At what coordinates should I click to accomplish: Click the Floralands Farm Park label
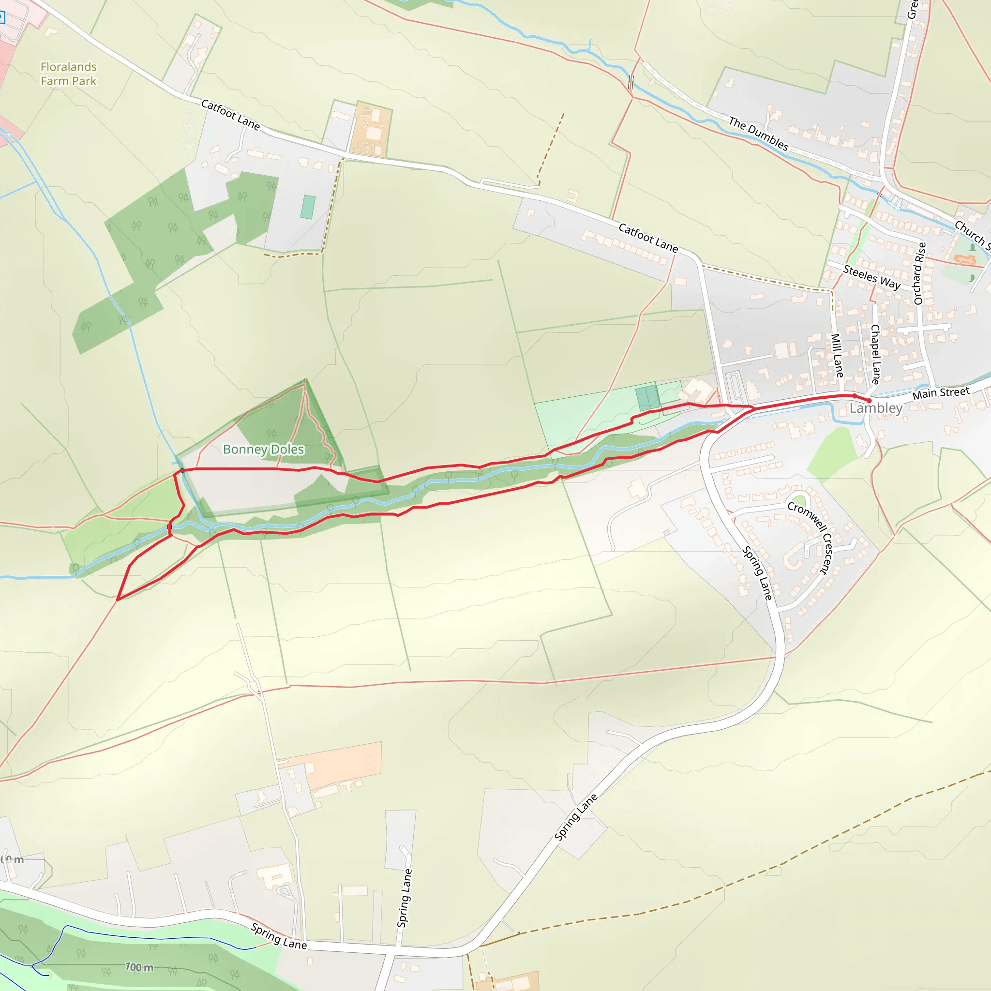[69, 74]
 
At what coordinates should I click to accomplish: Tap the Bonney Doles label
[263, 450]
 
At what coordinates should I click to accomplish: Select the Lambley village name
[875, 408]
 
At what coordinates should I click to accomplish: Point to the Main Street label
[941, 393]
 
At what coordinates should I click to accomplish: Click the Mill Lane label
[837, 356]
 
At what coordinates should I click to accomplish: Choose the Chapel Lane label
[875, 354]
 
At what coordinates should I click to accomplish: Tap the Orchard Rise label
[919, 273]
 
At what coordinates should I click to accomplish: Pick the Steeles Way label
[871, 277]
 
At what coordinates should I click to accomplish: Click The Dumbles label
[758, 134]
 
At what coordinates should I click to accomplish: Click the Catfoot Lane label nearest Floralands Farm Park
[230, 114]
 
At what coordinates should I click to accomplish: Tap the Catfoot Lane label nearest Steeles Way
[648, 238]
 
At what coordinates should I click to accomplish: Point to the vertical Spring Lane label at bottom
[404, 898]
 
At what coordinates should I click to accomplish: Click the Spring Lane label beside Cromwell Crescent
[757, 573]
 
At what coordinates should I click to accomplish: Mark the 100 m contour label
[139, 967]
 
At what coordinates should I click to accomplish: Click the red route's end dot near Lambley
[870, 401]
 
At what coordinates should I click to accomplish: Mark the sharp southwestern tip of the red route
[118, 600]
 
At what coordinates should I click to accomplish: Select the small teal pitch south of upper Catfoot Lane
[308, 207]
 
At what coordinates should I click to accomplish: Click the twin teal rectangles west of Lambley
[647, 398]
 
